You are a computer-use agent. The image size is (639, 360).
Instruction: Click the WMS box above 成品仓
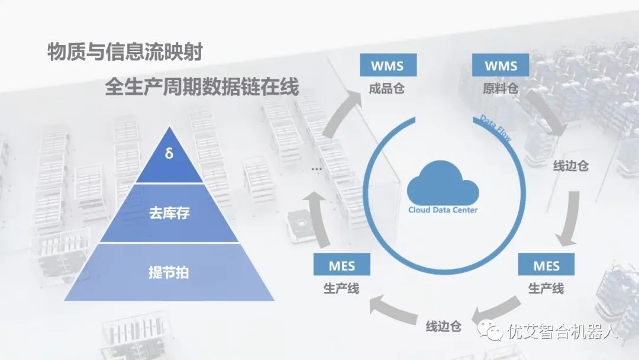(x=388, y=65)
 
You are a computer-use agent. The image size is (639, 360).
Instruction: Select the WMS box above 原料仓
(x=501, y=65)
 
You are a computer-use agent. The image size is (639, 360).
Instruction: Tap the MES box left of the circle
(x=341, y=265)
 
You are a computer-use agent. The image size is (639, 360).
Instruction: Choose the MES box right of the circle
(x=546, y=265)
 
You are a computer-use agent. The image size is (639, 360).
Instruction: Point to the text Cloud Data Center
(x=443, y=210)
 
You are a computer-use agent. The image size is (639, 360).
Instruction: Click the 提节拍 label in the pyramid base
(x=169, y=273)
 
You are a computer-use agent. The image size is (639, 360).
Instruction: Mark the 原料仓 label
(x=501, y=89)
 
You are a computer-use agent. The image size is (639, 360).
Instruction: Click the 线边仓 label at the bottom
(x=443, y=326)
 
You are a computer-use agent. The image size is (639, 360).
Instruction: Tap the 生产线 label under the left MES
(x=341, y=289)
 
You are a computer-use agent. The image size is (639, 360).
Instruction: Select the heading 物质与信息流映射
(x=125, y=53)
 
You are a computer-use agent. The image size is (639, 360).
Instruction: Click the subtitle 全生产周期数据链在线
(x=202, y=88)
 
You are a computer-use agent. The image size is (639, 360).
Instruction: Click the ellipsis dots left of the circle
(x=317, y=169)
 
